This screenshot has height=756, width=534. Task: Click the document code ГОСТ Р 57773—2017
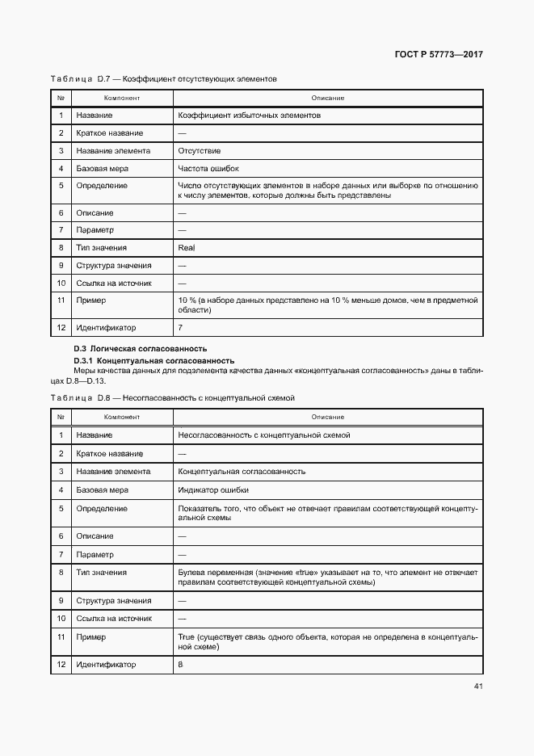pyautogui.click(x=439, y=55)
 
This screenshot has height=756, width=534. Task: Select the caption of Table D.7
pyautogui.click(x=163, y=79)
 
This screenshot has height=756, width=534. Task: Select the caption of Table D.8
pyautogui.click(x=173, y=398)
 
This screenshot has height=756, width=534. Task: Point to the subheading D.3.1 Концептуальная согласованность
pyautogui.click(x=153, y=360)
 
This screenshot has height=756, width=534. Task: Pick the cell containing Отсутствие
pyautogui.click(x=199, y=151)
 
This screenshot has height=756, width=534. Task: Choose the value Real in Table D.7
pyautogui.click(x=187, y=248)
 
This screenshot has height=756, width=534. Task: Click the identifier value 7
pyautogui.click(x=180, y=328)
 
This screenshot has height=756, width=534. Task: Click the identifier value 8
pyautogui.click(x=180, y=665)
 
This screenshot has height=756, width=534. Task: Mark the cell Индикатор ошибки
pyautogui.click(x=213, y=489)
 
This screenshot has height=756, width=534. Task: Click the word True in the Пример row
pyautogui.click(x=186, y=636)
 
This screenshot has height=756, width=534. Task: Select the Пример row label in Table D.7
pyautogui.click(x=90, y=300)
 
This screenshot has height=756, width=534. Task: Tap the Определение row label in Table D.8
pyautogui.click(x=101, y=509)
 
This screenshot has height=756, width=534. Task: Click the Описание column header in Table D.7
pyautogui.click(x=328, y=98)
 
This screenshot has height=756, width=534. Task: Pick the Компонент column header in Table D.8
pyautogui.click(x=122, y=417)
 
